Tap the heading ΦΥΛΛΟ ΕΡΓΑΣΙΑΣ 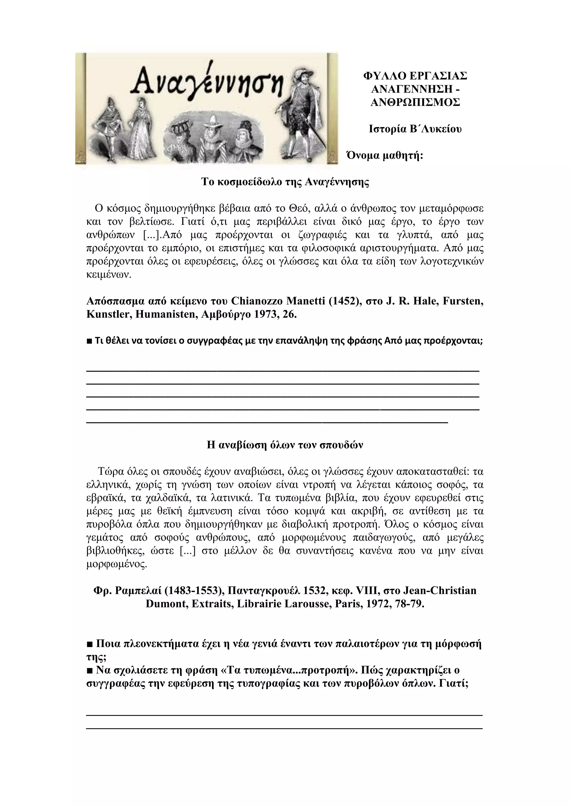pyautogui.click(x=415, y=76)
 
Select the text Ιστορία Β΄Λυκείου pyautogui.click(x=415, y=129)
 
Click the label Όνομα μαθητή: pyautogui.click(x=385, y=155)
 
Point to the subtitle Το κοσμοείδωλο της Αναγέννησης pyautogui.click(x=285, y=182)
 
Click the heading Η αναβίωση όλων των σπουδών pyautogui.click(x=285, y=445)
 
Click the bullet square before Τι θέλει pyautogui.click(x=89, y=341)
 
